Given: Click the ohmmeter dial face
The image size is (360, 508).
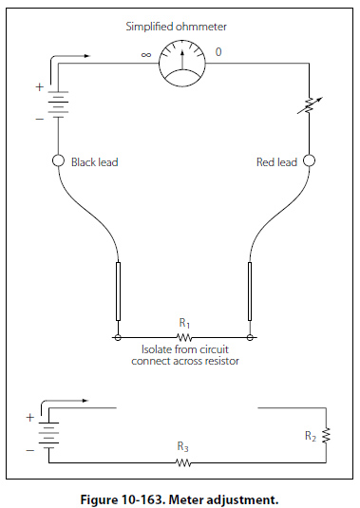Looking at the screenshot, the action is coord(182,64).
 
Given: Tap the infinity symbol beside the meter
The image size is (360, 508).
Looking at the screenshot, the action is coord(146,55).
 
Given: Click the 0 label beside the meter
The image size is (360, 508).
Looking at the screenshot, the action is coord(218,52).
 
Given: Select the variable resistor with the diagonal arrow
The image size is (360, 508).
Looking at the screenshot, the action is coord(310,105).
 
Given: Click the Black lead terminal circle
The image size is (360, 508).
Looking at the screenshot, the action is coord(58,160).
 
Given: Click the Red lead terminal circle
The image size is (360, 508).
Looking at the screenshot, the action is coord(309,160).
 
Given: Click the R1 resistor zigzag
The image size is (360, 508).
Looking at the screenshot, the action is coord(184,338).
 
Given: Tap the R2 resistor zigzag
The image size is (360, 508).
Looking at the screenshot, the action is coord(326,436).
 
